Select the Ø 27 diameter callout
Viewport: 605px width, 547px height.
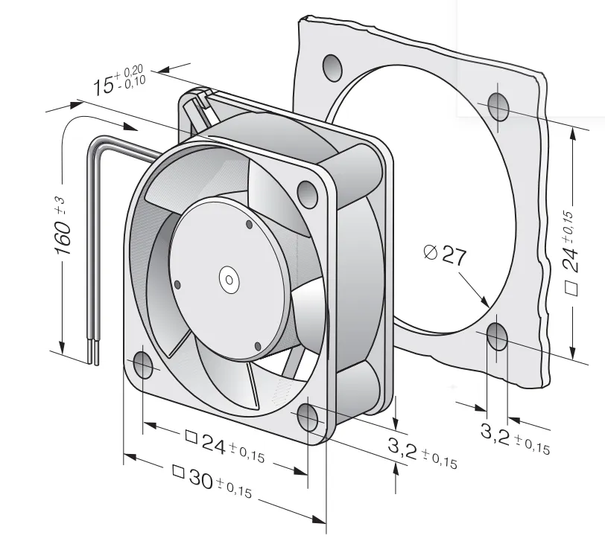coord(445,255)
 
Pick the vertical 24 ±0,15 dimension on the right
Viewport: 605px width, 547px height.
coord(571,253)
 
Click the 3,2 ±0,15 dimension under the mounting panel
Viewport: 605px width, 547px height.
coord(515,438)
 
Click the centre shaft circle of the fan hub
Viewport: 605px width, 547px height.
coord(229,281)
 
